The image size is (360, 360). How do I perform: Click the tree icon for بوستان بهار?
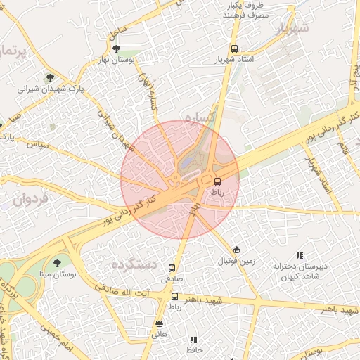(x=116, y=49)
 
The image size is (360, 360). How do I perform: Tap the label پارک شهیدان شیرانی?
(x=50, y=89)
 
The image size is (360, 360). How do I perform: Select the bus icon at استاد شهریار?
(x=234, y=49)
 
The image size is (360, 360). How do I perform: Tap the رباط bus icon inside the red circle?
(x=217, y=181)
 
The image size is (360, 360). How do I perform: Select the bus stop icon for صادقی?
(x=172, y=268)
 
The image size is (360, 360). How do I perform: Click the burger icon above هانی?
(x=160, y=323)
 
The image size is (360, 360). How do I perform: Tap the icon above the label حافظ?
(x=193, y=340)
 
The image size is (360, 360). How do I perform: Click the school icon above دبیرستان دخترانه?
(x=300, y=255)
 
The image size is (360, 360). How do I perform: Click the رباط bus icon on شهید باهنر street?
(x=174, y=296)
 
